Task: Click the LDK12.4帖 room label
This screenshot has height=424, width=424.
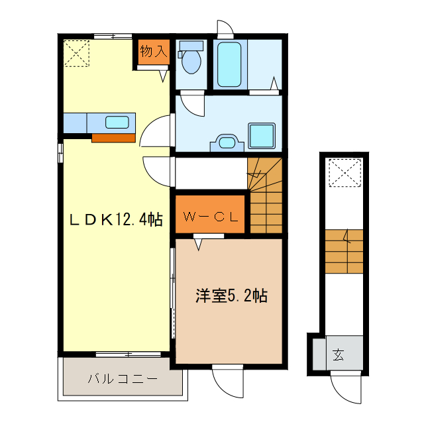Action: [116, 220]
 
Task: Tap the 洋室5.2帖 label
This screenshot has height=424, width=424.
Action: [231, 296]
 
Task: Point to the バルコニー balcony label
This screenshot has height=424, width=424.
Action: [122, 380]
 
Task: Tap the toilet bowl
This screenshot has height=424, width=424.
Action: [191, 60]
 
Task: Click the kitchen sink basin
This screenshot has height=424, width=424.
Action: [117, 122]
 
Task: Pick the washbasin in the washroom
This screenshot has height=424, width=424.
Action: [227, 142]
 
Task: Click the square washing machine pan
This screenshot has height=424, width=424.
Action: [261, 136]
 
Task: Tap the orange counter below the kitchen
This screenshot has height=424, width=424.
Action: [113, 138]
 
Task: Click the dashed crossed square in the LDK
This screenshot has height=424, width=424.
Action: [77, 53]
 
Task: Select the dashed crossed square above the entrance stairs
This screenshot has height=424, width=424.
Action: [343, 174]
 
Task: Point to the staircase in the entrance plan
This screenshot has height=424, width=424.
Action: [344, 251]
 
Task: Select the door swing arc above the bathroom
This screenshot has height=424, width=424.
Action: [225, 28]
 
